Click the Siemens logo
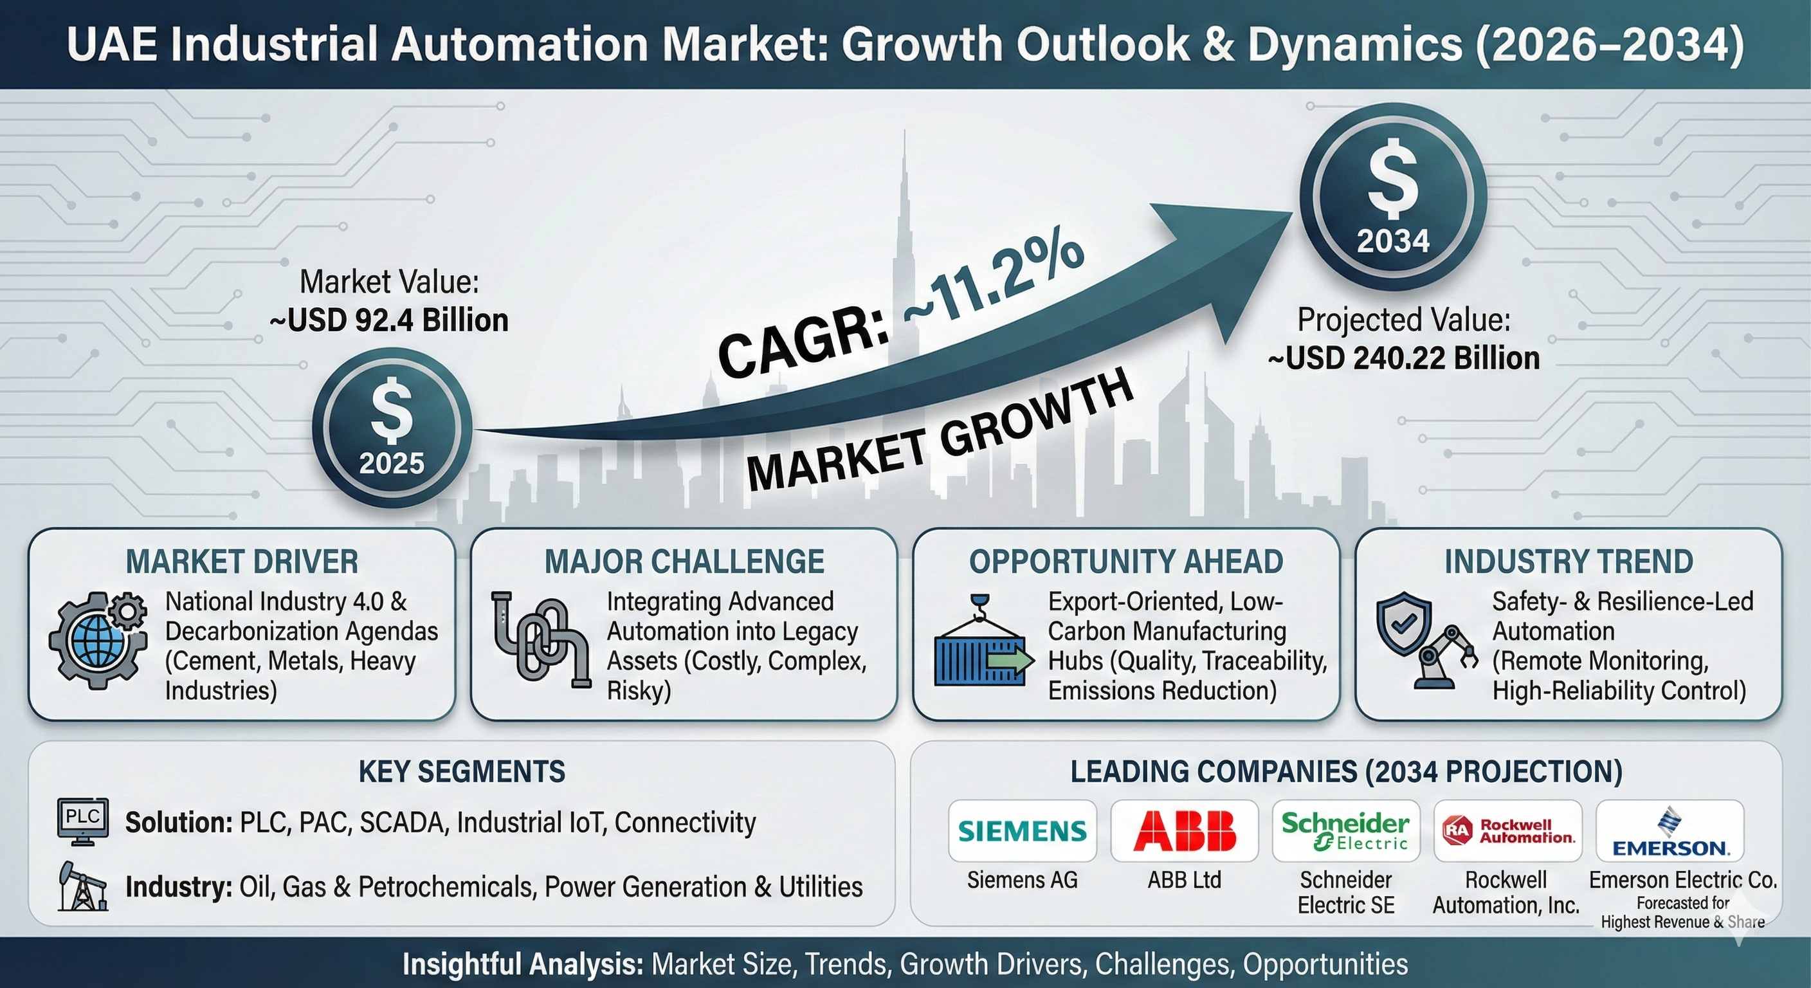click(1022, 831)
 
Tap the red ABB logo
click(1185, 830)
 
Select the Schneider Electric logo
click(1345, 831)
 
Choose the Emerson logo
click(1670, 832)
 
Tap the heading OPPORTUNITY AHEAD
click(1126, 562)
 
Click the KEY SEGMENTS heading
click(462, 772)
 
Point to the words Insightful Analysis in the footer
click(523, 964)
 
